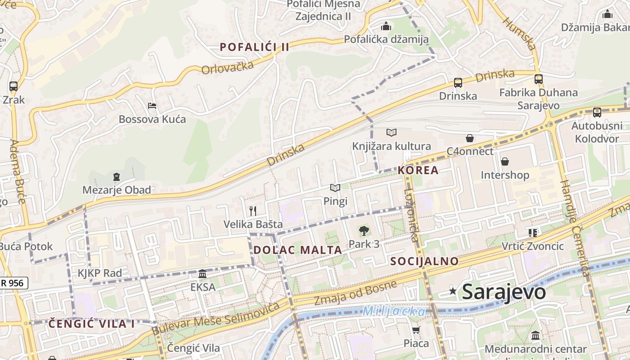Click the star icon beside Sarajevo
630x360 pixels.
(453, 292)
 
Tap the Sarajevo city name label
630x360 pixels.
(504, 292)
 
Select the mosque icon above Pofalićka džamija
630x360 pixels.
(386, 26)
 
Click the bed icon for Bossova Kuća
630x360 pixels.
(152, 106)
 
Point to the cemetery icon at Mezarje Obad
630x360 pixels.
(117, 176)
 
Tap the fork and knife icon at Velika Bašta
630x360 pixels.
(253, 211)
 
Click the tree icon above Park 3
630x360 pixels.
(364, 231)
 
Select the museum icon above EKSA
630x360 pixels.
(202, 274)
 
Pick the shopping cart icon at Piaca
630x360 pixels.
(416, 330)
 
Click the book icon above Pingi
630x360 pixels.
(335, 188)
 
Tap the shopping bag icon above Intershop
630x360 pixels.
(504, 162)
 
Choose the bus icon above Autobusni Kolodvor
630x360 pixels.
(597, 112)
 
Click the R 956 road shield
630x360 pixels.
(13, 283)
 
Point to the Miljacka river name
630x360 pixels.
(394, 311)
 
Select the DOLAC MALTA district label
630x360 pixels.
(297, 250)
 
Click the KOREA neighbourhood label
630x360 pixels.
(418, 170)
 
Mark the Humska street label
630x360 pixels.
(519, 34)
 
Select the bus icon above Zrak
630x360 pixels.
(13, 86)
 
